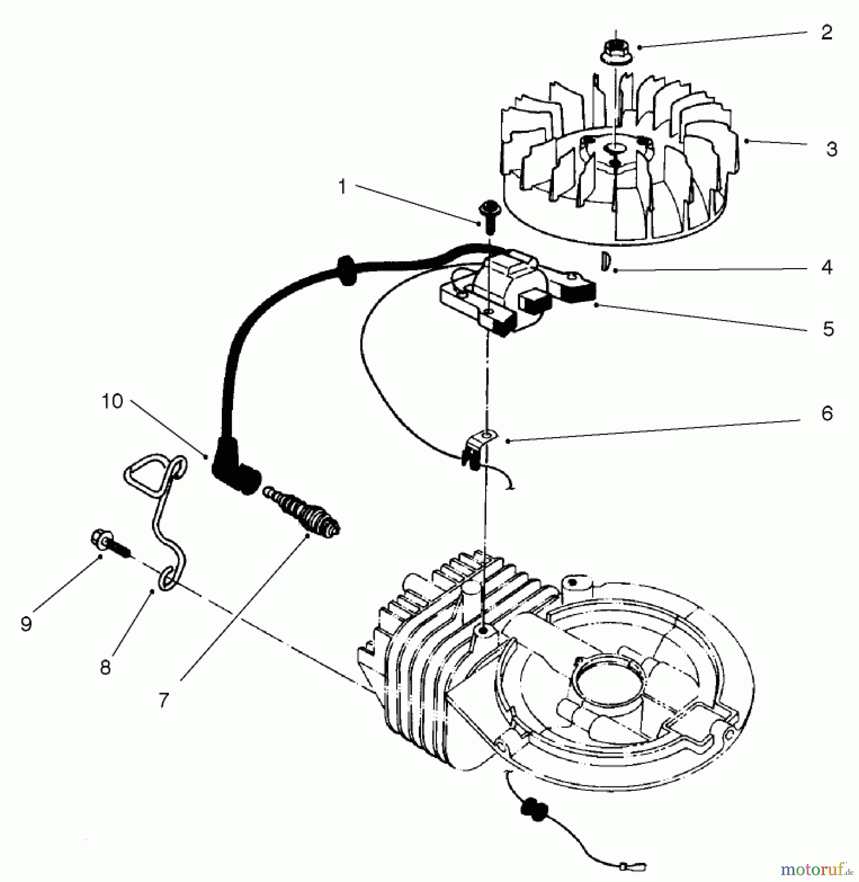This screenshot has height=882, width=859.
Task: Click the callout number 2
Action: point(827,33)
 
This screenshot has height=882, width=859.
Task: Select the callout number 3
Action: point(832,148)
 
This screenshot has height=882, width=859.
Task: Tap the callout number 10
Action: point(112,401)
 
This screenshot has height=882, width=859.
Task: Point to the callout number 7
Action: point(164,700)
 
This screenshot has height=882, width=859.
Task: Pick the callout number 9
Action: point(26,624)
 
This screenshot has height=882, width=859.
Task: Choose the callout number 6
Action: point(827,414)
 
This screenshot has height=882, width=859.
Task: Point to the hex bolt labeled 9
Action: point(110,543)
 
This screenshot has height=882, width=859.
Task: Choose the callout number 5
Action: point(828,329)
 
